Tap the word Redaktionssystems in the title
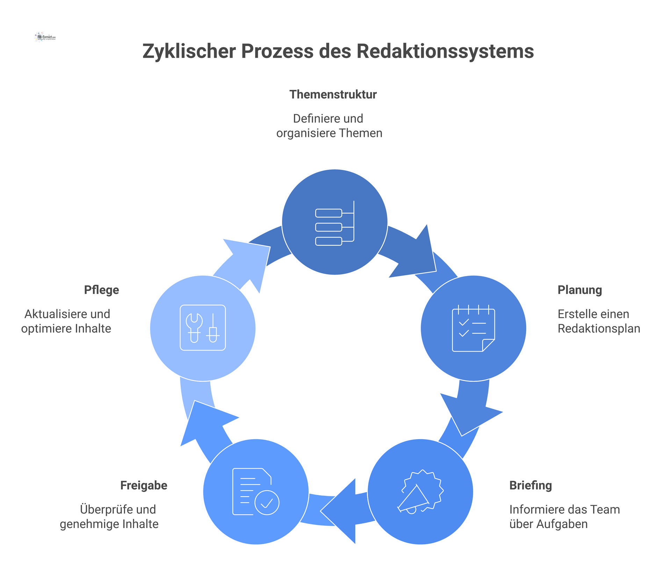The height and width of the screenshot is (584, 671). pyautogui.click(x=445, y=51)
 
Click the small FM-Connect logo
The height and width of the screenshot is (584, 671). pyautogui.click(x=45, y=37)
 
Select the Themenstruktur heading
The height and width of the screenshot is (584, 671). pyautogui.click(x=333, y=94)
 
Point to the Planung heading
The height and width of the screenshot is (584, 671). pyautogui.click(x=579, y=290)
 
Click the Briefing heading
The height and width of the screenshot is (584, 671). pyautogui.click(x=530, y=485)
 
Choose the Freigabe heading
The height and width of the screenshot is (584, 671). pyautogui.click(x=144, y=485)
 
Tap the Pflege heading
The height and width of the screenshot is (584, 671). pyautogui.click(x=101, y=290)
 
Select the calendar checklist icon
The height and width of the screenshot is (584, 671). pyautogui.click(x=473, y=329)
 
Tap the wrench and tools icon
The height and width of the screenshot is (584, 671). pyautogui.click(x=203, y=328)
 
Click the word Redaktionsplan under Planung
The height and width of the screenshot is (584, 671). pyautogui.click(x=599, y=329)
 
